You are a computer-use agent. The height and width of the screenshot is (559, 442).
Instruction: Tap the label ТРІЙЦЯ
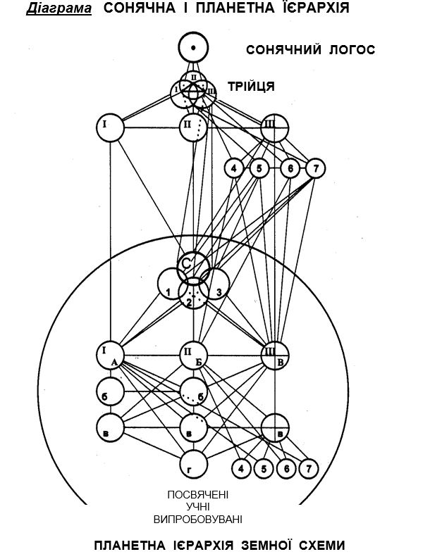pos(250,87)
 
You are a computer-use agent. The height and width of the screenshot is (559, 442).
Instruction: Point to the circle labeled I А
pos(111,355)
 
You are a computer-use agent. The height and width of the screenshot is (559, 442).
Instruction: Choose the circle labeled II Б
pos(193,355)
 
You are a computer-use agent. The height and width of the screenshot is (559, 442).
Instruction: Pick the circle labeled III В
pos(275,355)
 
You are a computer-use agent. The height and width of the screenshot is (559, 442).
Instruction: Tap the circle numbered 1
pos(171,285)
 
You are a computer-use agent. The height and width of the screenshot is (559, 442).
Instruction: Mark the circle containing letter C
pos(190,265)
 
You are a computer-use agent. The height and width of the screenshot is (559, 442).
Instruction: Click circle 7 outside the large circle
pos(315,169)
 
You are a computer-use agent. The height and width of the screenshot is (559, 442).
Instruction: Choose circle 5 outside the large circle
pos(259,169)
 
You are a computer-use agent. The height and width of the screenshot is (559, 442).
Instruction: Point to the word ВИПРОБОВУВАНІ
pos(197,520)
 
